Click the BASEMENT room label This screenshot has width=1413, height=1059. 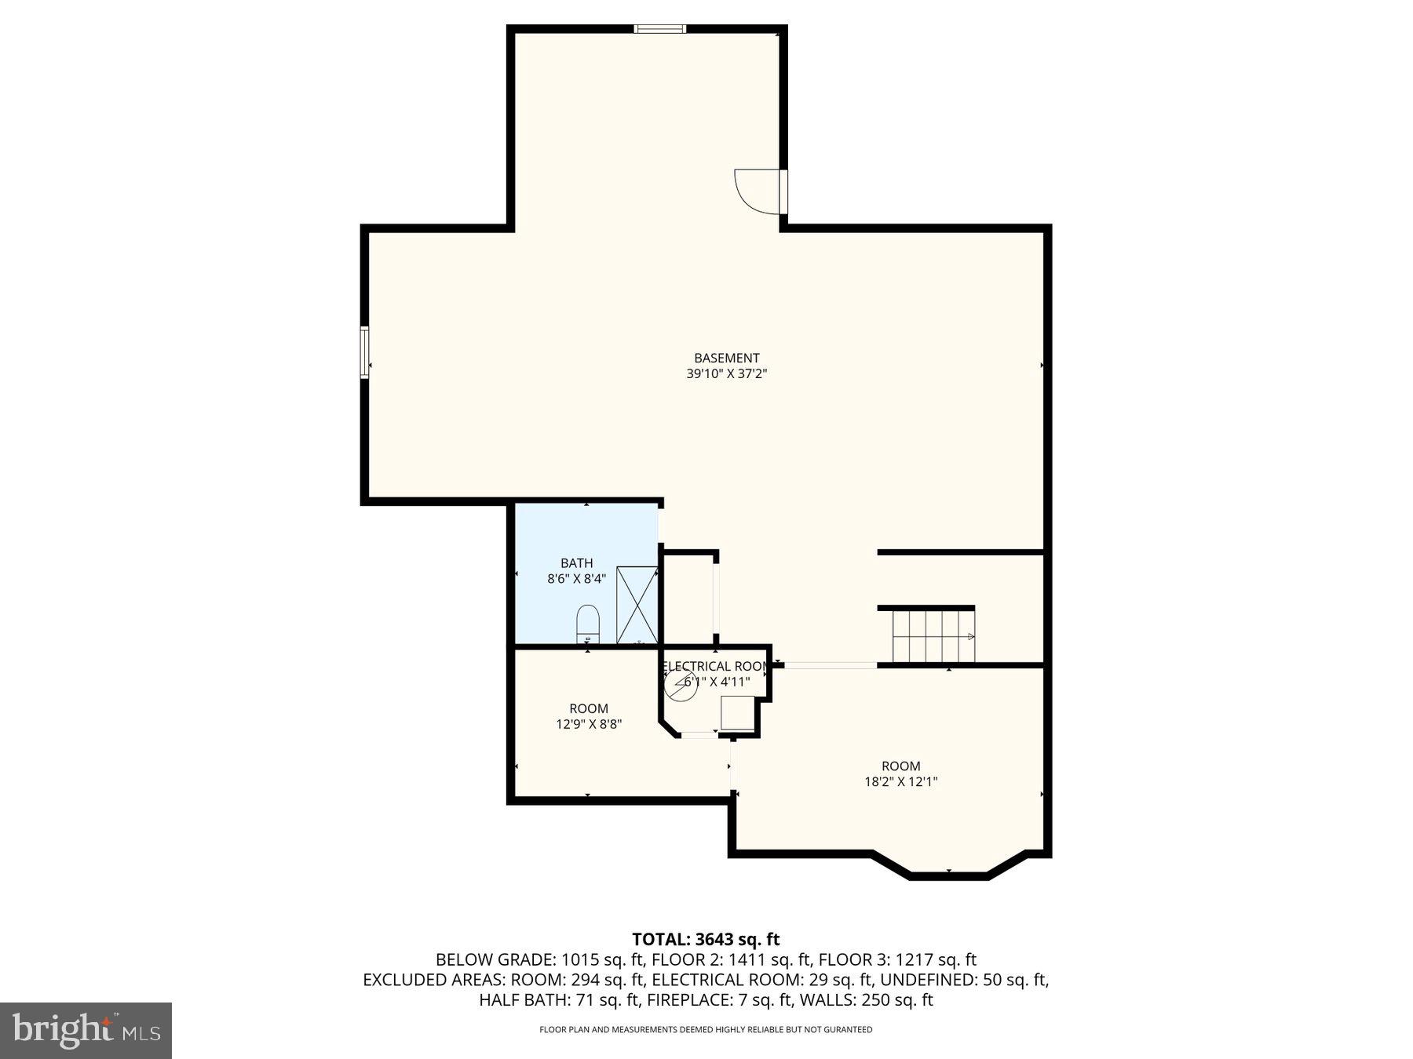pos(726,358)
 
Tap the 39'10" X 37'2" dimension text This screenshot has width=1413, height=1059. pos(726,374)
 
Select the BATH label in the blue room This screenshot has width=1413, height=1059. pos(576,563)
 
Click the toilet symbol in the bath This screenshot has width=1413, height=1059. pos(588,624)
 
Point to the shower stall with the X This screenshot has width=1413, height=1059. pos(637,605)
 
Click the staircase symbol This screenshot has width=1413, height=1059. pos(933,637)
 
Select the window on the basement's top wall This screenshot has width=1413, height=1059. pos(660,29)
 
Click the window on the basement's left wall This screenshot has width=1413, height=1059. pos(364,352)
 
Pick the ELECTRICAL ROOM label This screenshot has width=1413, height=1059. pos(715,667)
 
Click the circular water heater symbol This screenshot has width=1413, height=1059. pos(679,685)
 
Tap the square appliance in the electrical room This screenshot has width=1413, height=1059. pos(737,713)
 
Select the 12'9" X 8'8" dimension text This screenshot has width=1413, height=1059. pos(589,724)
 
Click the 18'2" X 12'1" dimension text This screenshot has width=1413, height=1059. pos(900,781)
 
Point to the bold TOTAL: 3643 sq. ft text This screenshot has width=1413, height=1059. pos(706,939)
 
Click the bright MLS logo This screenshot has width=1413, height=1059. pos(86,1030)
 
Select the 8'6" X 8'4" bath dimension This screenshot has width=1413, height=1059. pos(576,579)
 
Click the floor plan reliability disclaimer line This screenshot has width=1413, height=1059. pos(706,1029)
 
